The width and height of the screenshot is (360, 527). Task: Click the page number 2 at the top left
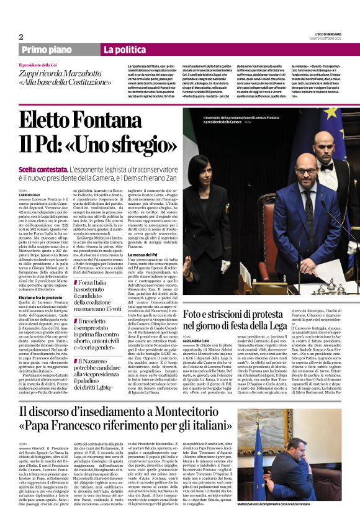(21, 37)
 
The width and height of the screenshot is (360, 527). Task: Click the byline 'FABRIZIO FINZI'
(29, 195)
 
